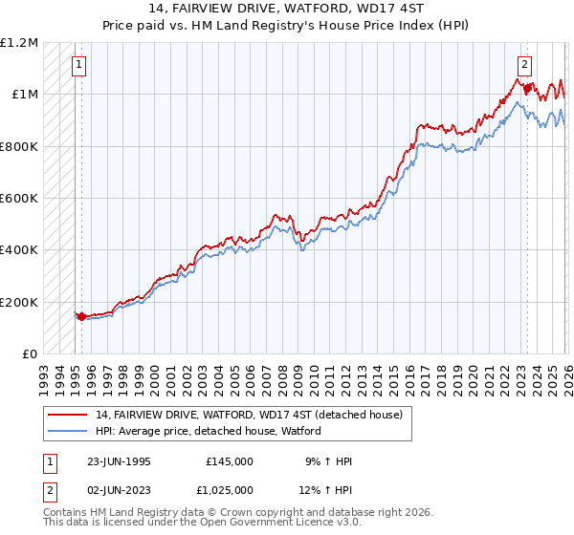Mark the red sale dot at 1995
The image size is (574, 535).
(81, 316)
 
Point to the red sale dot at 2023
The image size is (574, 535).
(526, 88)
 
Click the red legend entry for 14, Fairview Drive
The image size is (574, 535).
(249, 415)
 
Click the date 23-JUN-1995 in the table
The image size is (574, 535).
(119, 461)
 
